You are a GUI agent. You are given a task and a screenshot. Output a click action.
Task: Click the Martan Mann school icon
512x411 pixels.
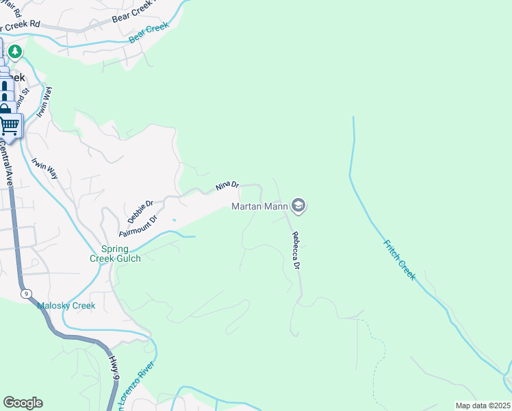(298, 205)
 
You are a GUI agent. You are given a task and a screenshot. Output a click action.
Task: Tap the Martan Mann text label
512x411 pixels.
(259, 206)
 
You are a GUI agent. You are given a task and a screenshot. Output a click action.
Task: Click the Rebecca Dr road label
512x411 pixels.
(297, 249)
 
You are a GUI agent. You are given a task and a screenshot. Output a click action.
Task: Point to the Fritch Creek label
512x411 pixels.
(398, 258)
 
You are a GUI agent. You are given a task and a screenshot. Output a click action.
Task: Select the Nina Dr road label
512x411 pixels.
(227, 186)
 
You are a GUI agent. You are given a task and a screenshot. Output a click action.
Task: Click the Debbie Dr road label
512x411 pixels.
(140, 212)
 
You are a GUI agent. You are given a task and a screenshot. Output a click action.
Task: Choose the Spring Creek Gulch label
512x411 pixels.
(115, 253)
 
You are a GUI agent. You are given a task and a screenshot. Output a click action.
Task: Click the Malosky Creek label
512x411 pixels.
(66, 306)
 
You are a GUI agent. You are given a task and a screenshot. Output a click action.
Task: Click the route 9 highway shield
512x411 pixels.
(26, 294)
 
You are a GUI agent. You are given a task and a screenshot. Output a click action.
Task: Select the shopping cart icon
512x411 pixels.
(10, 125)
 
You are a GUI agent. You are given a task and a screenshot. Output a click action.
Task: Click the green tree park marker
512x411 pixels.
(15, 51)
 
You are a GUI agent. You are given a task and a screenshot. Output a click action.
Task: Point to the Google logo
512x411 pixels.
(23, 403)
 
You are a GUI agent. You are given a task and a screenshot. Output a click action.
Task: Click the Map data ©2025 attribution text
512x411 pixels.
(482, 406)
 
